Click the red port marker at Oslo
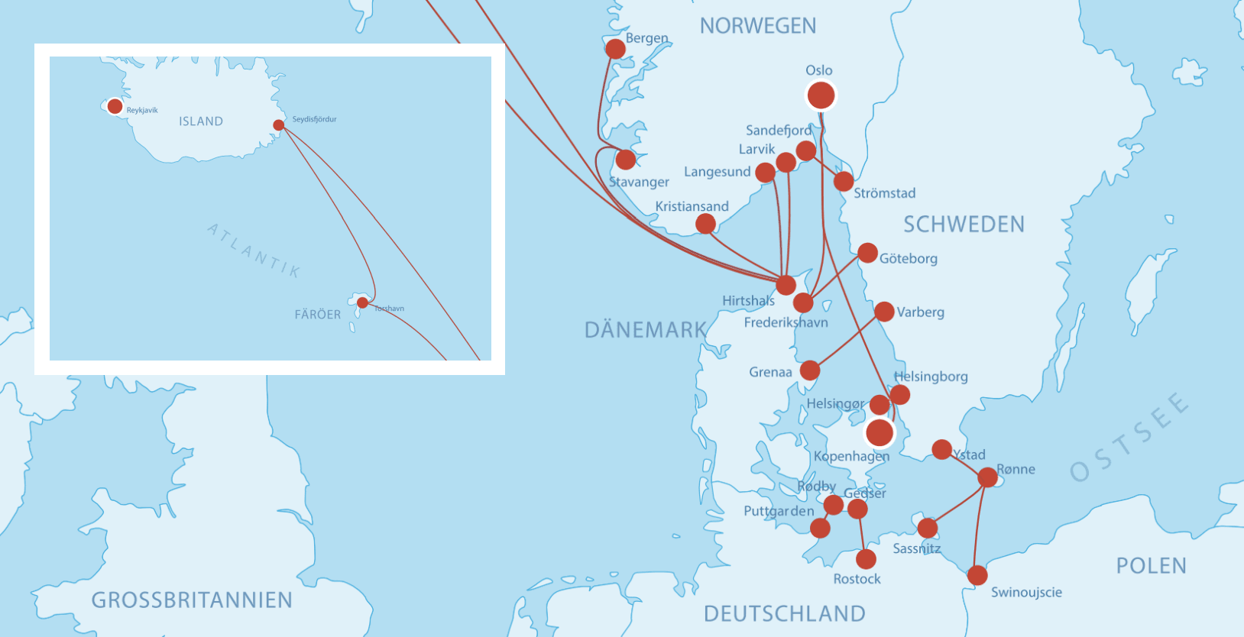[821, 95]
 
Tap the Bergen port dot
[615, 49]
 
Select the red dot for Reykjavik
[115, 106]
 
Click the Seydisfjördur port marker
[279, 125]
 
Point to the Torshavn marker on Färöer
[362, 302]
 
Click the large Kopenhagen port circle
[880, 432]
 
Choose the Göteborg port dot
[867, 253]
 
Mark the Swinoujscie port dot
[977, 575]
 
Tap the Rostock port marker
[866, 559]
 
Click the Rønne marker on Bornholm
[987, 477]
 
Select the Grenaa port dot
[810, 370]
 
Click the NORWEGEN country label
[757, 26]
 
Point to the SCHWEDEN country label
[964, 225]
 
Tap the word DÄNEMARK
[646, 330]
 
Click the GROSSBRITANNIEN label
[192, 600]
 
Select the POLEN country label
[1151, 566]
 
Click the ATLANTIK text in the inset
[254, 251]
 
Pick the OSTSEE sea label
[1129, 438]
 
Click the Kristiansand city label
[692, 206]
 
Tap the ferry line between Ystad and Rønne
[965, 464]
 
